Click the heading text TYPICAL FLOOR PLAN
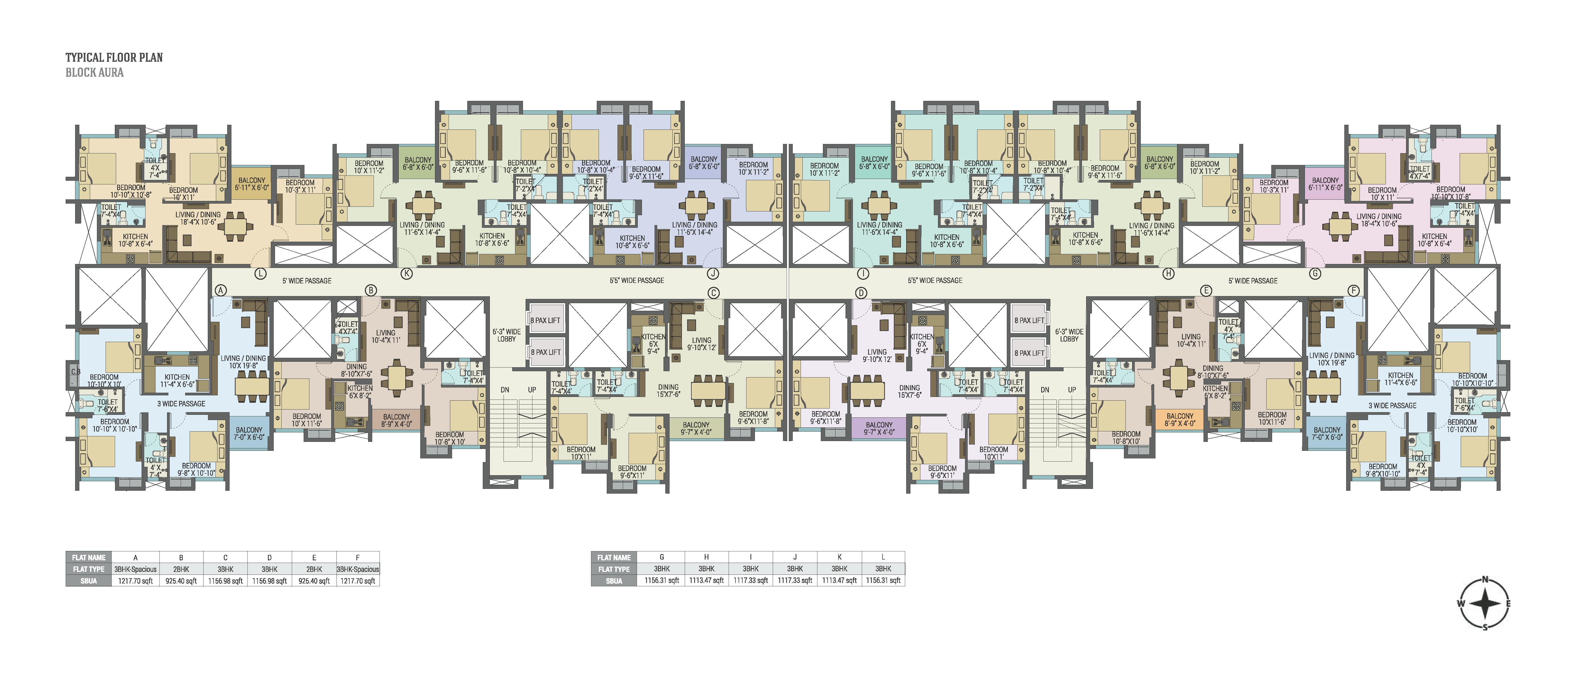pyautogui.click(x=114, y=58)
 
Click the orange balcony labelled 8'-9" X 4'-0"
pyautogui.click(x=1180, y=419)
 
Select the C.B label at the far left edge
pyautogui.click(x=75, y=371)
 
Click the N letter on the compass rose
pyautogui.click(x=1485, y=579)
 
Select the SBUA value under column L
pyautogui.click(x=883, y=580)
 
